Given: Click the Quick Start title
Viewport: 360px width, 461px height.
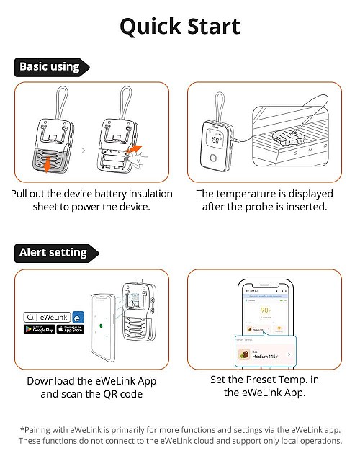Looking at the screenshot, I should click(179, 27).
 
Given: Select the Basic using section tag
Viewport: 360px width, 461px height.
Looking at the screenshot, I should click(50, 67).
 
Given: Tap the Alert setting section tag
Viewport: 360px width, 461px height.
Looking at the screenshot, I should click(53, 253).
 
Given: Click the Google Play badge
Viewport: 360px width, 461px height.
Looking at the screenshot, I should click(39, 329).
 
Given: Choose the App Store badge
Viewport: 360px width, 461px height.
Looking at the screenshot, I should click(70, 329).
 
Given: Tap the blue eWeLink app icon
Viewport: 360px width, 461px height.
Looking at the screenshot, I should click(78, 315).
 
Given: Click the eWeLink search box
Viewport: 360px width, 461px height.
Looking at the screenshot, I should click(46, 315).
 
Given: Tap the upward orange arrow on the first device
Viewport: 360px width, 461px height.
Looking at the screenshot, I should click(48, 165).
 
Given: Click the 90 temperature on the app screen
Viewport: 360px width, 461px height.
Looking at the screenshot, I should click(265, 311).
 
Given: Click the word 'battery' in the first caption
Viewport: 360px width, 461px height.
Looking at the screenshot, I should click(114, 194).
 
